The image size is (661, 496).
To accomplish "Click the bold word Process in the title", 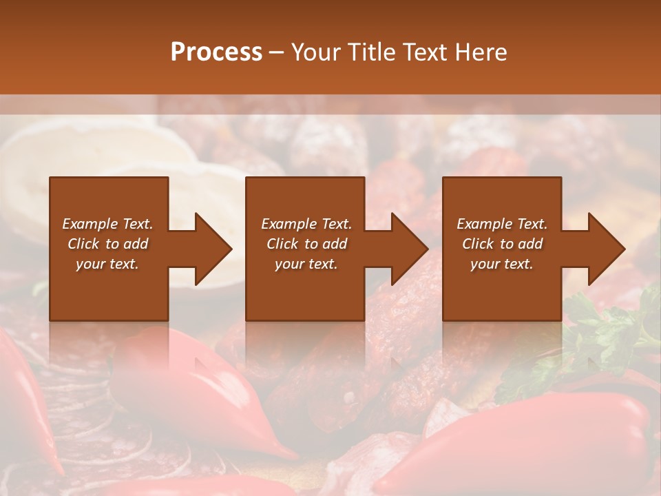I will (x=216, y=52).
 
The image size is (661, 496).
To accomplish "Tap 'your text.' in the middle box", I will (x=306, y=264).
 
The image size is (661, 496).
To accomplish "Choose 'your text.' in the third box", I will (x=501, y=264).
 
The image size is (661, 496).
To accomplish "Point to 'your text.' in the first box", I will (x=107, y=264).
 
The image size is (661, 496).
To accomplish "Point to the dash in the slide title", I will (x=277, y=53).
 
